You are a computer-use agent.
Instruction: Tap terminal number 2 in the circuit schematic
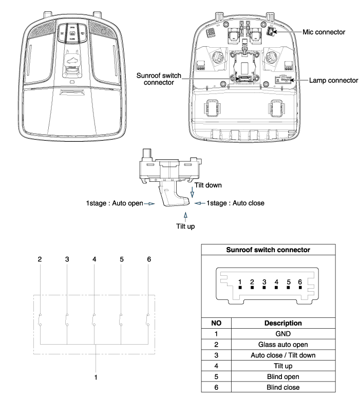tap(40, 259)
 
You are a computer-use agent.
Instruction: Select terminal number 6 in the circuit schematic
tap(149, 259)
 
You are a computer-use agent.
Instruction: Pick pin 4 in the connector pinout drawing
tap(276, 282)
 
